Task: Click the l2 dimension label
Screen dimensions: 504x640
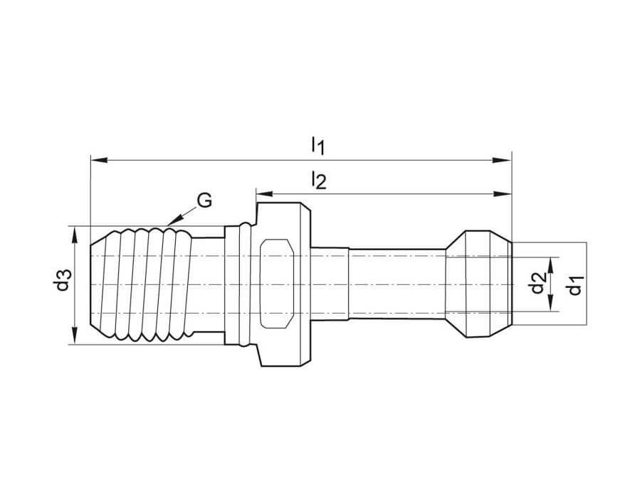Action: pyautogui.click(x=318, y=182)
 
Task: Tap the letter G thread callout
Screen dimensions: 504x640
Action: pyautogui.click(x=204, y=201)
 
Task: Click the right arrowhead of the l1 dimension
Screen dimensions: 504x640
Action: pyautogui.click(x=505, y=160)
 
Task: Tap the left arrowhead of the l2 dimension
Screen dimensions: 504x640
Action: pyautogui.click(x=262, y=193)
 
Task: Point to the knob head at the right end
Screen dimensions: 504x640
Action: pyautogui.click(x=478, y=284)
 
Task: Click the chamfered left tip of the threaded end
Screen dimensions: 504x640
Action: pyautogui.click(x=98, y=284)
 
